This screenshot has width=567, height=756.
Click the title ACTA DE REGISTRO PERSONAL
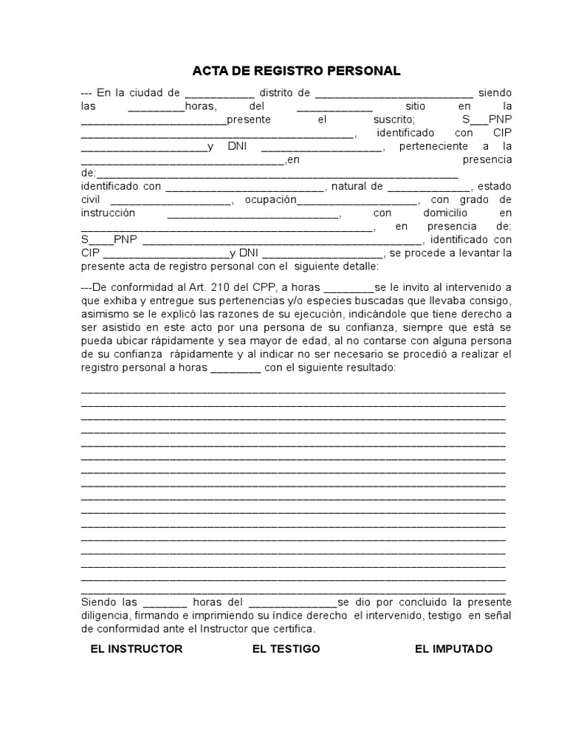296,71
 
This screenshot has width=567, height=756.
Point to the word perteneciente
430,146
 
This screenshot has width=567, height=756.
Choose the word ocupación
270,200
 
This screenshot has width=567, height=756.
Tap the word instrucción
108,213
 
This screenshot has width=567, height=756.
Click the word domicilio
441,213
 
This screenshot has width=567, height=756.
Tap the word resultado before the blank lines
368,368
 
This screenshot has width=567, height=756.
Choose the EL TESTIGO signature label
286,649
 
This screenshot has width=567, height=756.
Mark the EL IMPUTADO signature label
453,649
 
